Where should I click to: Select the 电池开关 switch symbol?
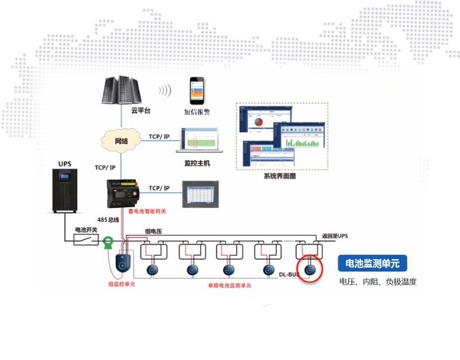pyautogui.click(x=85, y=239)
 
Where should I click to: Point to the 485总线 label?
pyautogui.click(x=106, y=219)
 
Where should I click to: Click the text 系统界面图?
pyautogui.click(x=280, y=175)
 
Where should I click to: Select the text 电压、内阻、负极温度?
pyautogui.click(x=378, y=282)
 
